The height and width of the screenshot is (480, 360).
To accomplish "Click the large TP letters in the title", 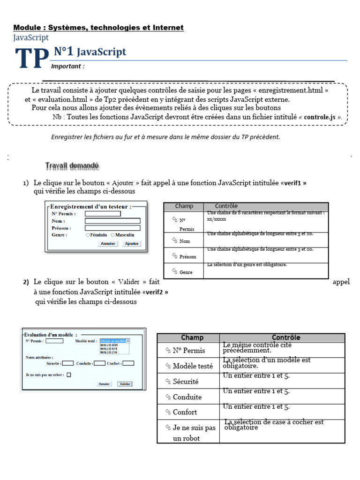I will coord(32,59).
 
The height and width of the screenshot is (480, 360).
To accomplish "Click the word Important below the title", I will coord(71,67).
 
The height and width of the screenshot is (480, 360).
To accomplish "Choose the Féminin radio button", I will coord(88,235).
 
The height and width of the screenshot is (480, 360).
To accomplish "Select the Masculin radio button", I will coord(113,235).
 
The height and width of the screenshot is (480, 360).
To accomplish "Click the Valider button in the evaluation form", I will coord(125,383).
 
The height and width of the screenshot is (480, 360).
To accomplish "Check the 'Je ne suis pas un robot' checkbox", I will coord(69,375).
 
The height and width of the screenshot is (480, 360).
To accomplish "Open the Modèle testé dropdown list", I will coord(114,341).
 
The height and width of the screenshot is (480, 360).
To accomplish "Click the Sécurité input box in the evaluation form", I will coord(67,363).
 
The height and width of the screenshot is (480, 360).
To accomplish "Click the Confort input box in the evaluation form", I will coord(128,363).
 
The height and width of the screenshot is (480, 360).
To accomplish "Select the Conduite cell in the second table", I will coord(187,397).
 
